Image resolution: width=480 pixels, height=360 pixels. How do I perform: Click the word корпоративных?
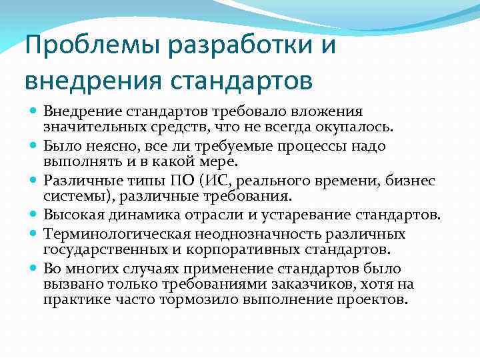[x=244, y=250]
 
